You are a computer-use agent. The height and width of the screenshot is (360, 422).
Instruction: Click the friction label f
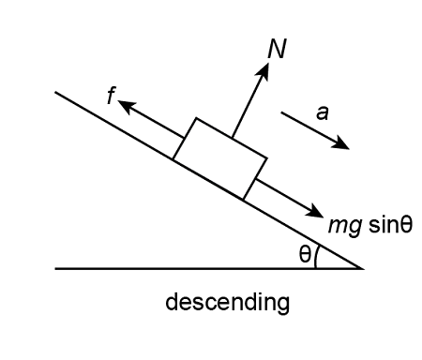coord(112,97)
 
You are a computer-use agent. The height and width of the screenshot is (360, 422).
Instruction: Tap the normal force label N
coord(276,49)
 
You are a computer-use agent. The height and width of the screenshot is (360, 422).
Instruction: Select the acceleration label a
coord(322,112)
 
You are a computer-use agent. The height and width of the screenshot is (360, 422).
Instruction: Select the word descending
coord(228,303)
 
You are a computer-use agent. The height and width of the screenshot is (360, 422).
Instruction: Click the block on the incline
coord(219,158)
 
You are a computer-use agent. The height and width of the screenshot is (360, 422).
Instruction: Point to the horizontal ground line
coord(188,268)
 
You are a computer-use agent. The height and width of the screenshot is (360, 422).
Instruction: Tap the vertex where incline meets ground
coord(362,268)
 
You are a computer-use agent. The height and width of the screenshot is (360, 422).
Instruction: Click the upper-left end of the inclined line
coord(57,92)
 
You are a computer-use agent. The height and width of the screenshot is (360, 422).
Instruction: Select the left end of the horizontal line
coord(56,268)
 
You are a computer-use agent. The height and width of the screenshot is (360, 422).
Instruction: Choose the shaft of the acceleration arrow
coord(311,128)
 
